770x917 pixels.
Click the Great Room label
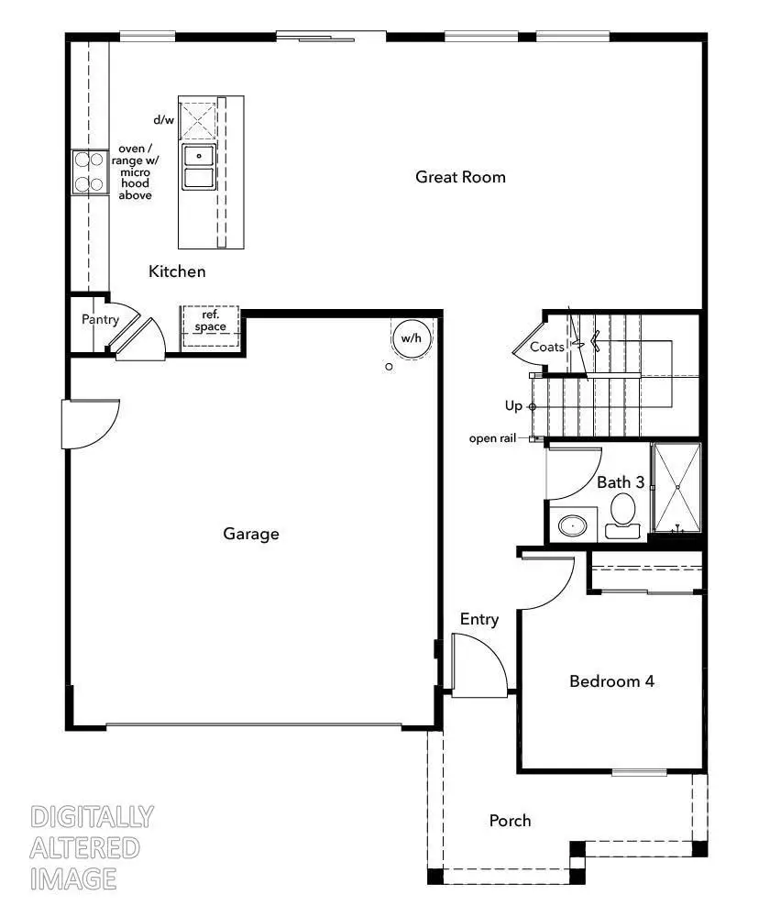[x=460, y=177]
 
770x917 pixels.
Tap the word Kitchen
[x=177, y=271]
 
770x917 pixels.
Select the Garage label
[x=250, y=534]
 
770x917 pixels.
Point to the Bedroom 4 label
[x=610, y=681]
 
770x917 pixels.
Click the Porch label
[x=510, y=820]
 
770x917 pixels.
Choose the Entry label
[x=478, y=620]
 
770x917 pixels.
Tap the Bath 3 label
[x=621, y=481]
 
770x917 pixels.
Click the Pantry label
[x=100, y=319]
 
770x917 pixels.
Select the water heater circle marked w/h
[x=411, y=338]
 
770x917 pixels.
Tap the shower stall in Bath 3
[x=676, y=487]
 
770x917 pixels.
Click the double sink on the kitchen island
[x=198, y=166]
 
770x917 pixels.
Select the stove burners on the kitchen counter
[x=88, y=171]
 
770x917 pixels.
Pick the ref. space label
[x=210, y=321]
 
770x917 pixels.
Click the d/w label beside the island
[x=163, y=120]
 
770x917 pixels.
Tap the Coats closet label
[x=546, y=347]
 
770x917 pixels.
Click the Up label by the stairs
[x=513, y=405]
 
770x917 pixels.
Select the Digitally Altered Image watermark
[x=91, y=847]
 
